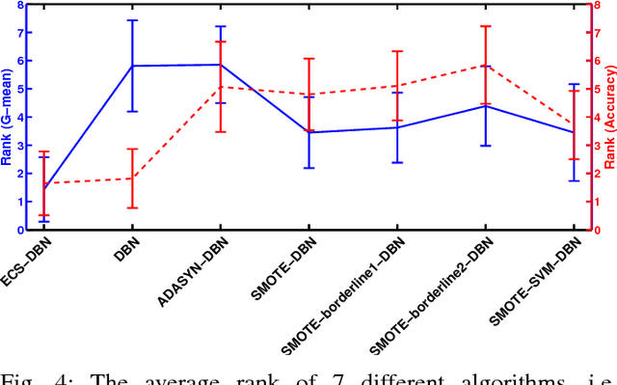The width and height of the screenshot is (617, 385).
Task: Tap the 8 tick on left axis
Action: (x=19, y=5)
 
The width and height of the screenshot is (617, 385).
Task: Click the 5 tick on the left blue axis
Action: (x=19, y=89)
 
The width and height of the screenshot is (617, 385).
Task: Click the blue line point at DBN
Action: (x=131, y=66)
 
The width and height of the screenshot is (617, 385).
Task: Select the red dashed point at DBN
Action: (x=131, y=179)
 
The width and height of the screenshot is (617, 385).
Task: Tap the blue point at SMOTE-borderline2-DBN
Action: (x=486, y=106)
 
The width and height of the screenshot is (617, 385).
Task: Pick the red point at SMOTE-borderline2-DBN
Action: (x=486, y=66)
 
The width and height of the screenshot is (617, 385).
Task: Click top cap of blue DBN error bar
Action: (x=131, y=20)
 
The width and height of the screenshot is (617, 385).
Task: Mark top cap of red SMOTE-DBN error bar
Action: (x=308, y=59)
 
